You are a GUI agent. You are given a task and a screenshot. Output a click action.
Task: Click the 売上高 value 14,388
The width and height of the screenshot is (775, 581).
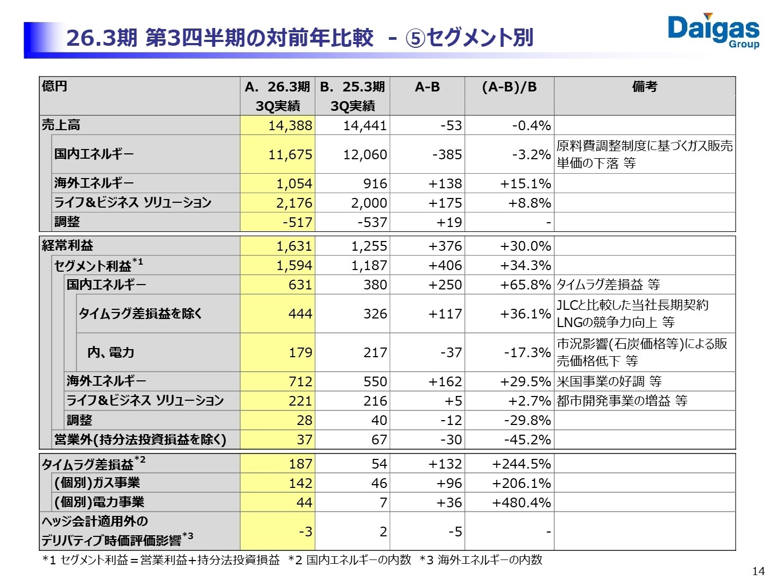click(290, 125)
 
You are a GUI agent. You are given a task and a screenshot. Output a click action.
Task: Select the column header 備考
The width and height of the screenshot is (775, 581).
click(644, 87)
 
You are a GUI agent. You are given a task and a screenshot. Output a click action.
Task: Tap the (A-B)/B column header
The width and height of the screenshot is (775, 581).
click(509, 87)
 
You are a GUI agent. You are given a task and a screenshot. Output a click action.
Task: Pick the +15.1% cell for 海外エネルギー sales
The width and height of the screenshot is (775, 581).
click(525, 183)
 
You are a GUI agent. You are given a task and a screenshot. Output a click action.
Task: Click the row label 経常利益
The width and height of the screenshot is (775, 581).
click(67, 246)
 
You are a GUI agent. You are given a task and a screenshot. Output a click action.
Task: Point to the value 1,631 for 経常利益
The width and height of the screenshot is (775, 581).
click(294, 246)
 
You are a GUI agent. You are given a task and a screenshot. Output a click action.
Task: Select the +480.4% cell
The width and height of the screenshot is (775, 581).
click(522, 502)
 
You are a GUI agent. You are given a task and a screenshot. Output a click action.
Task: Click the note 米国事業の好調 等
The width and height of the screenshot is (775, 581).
click(609, 381)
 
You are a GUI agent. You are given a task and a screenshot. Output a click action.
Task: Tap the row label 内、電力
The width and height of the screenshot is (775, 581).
click(110, 352)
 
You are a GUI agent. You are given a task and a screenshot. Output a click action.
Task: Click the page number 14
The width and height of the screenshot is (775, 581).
click(758, 571)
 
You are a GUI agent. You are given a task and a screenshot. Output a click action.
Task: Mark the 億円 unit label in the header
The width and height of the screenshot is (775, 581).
click(54, 86)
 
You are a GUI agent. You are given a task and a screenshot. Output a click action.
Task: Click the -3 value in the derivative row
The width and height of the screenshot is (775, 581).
click(305, 532)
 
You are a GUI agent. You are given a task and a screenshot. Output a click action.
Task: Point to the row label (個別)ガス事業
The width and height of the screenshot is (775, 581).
click(97, 483)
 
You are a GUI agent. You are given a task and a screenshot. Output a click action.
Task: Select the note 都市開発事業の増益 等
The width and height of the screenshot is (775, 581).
click(622, 401)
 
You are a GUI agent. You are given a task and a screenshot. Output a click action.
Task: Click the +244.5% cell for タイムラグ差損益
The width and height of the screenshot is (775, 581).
click(522, 464)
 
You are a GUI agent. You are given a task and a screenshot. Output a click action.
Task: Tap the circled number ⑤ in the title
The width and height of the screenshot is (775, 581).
click(415, 38)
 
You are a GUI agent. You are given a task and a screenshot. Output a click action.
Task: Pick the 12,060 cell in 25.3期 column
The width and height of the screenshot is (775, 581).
click(365, 154)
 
